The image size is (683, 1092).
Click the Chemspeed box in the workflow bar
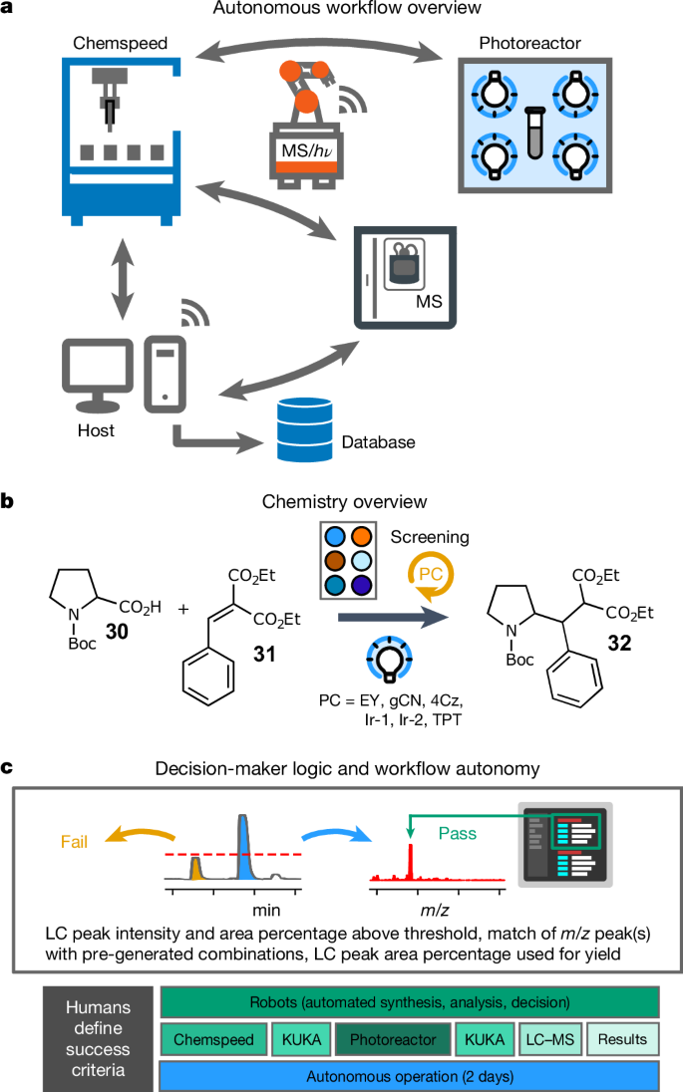coord(213,1039)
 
